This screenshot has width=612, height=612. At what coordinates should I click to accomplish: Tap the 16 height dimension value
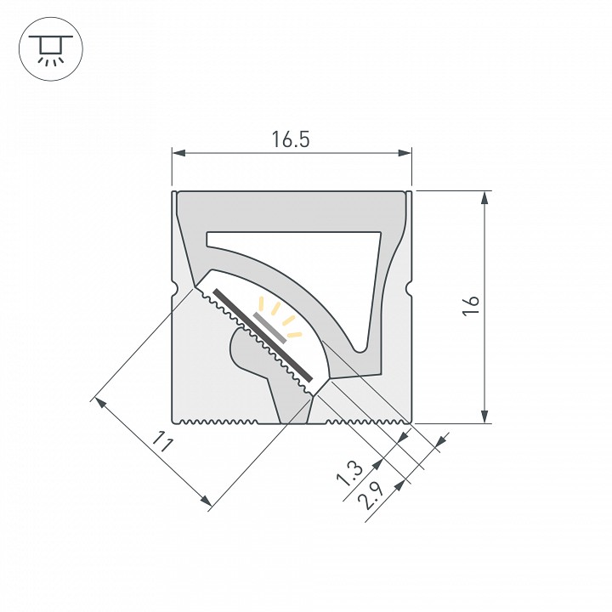(x=472, y=306)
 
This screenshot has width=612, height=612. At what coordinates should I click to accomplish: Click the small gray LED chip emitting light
(x=271, y=324)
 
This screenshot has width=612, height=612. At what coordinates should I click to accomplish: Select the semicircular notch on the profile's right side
(x=411, y=290)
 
